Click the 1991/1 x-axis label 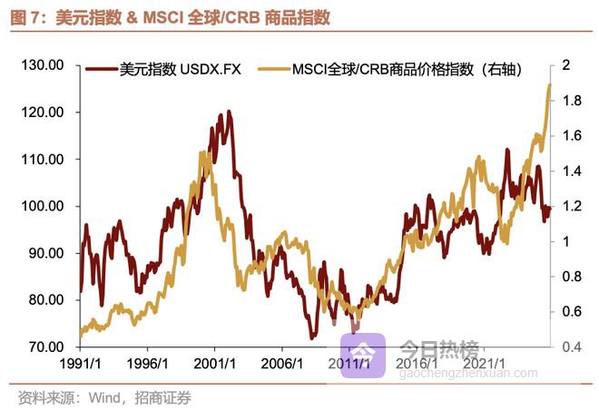[x=80, y=365]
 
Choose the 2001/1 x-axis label [x=215, y=365]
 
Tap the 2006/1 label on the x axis [x=282, y=365]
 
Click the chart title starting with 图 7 [x=169, y=17]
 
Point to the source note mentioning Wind [x=104, y=397]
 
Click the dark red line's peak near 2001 [x=229, y=112]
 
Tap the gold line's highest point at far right [x=549, y=84]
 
